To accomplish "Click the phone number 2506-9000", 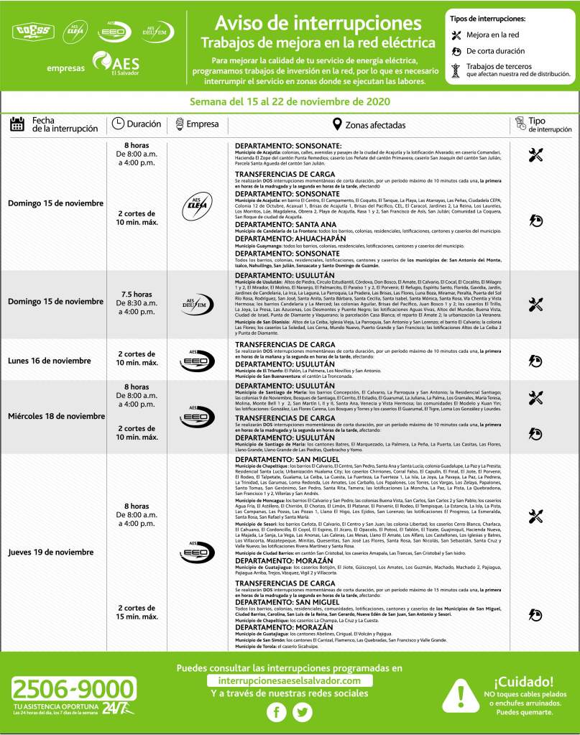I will [x=69, y=690].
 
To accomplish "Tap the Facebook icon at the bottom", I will [x=277, y=712].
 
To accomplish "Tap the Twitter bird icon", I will [x=303, y=712].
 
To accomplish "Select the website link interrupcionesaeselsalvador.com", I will [x=290, y=680].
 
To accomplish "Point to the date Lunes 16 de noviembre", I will [x=50, y=361].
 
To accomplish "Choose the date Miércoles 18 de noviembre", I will [x=56, y=417].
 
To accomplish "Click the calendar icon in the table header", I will [x=17, y=125].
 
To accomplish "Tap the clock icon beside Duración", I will [x=118, y=125].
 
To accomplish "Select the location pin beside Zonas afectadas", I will [x=337, y=125].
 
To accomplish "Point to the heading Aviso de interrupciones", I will [x=318, y=22].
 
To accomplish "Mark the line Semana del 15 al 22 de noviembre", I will [x=290, y=101].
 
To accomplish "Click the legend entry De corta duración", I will [x=495, y=52].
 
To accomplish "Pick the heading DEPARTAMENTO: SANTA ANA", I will [x=278, y=225].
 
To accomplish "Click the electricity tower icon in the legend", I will [x=455, y=69].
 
